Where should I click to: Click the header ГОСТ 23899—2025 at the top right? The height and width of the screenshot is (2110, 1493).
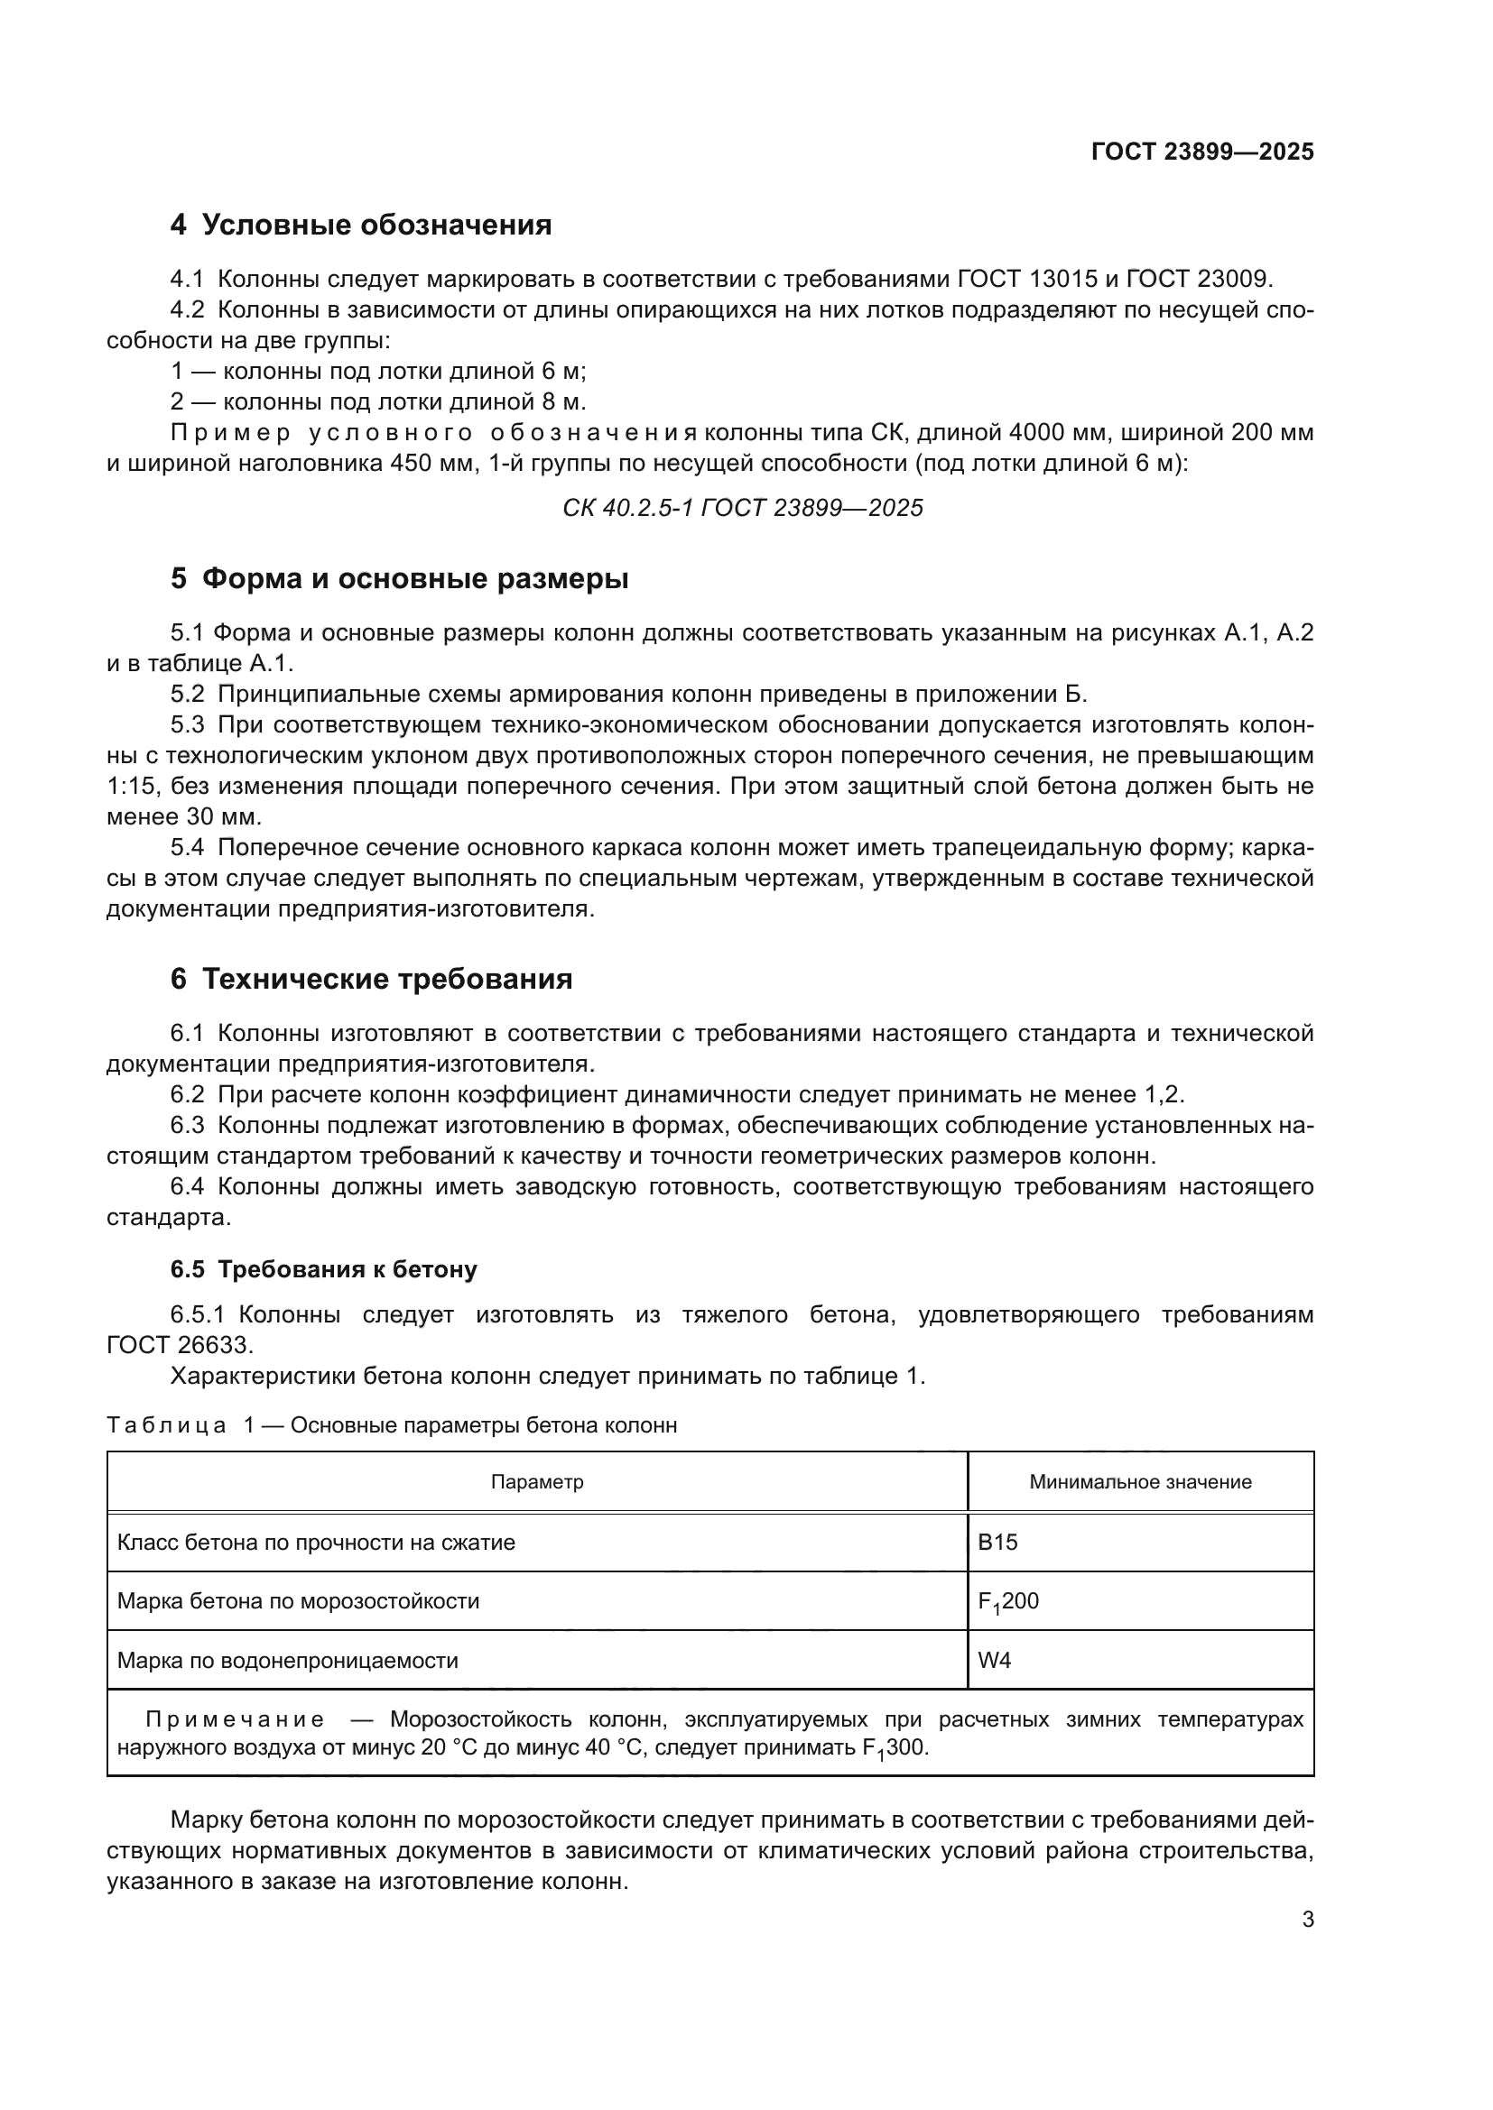[1201, 152]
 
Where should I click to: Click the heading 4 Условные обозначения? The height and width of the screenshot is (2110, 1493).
[360, 226]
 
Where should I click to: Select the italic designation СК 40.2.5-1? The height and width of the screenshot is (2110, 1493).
[628, 508]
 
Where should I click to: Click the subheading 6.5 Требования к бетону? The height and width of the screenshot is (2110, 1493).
[324, 1269]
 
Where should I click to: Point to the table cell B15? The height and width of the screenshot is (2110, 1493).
[997, 1542]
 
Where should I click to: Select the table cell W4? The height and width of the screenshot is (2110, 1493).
[994, 1661]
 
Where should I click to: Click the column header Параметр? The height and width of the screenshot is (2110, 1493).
[537, 1481]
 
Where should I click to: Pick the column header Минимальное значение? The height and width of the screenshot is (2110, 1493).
[1140, 1481]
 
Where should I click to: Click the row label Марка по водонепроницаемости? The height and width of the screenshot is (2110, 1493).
[288, 1661]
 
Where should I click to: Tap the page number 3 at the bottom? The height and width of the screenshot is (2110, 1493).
[1307, 1920]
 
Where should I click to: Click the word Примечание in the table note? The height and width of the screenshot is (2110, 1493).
[235, 1719]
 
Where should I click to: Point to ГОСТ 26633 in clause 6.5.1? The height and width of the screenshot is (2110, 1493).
[179, 1345]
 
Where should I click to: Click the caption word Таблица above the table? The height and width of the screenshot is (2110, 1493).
[166, 1425]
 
